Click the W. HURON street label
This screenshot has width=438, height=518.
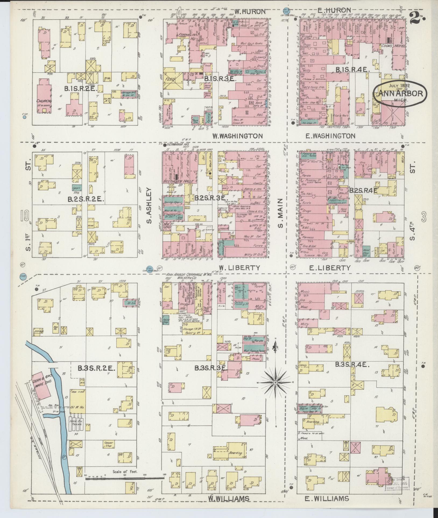pyautogui.click(x=250, y=12)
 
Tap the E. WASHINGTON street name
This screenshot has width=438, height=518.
pyautogui.click(x=330, y=136)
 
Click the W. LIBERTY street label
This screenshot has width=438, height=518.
pyautogui.click(x=239, y=268)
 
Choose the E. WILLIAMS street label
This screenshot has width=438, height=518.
pyautogui.click(x=327, y=499)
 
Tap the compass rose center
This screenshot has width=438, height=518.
pyautogui.click(x=275, y=382)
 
